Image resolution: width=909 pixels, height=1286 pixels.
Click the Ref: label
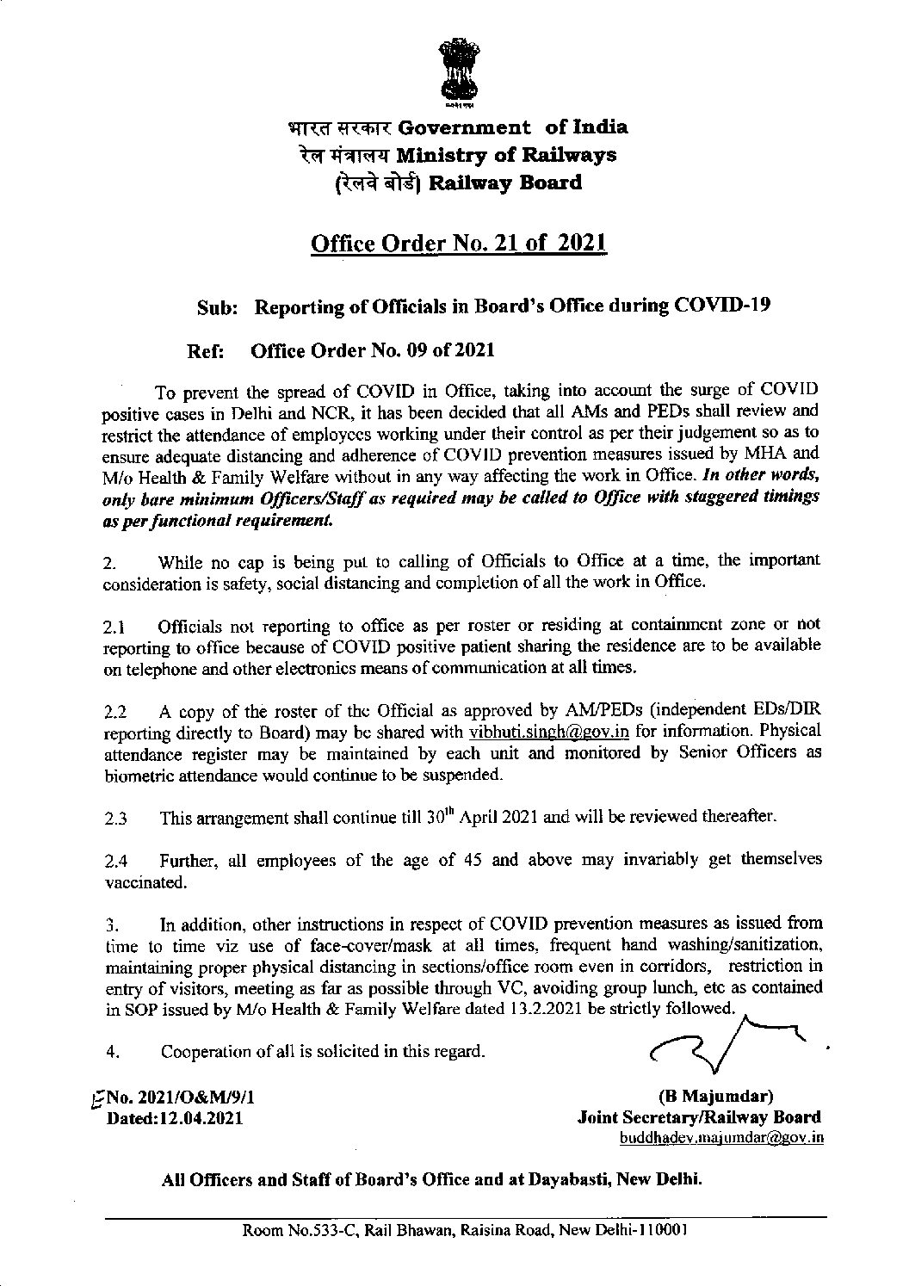click(206, 351)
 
